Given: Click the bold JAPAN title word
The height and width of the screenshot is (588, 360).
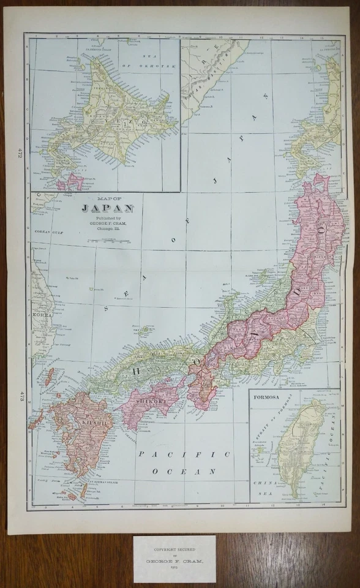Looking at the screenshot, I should tap(108, 208).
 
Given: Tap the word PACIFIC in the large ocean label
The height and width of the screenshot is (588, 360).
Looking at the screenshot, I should tap(184, 454).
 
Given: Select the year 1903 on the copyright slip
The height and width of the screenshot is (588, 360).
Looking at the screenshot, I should tap(174, 567).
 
